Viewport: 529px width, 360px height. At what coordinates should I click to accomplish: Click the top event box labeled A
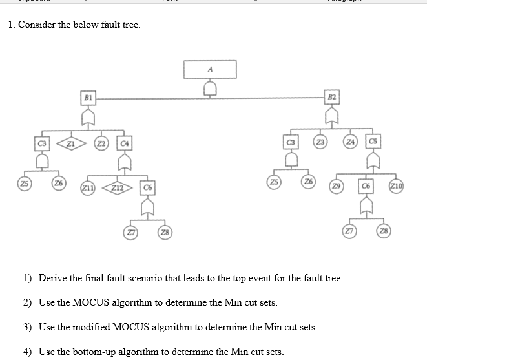[210, 69]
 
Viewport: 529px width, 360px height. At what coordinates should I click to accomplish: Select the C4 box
[125, 142]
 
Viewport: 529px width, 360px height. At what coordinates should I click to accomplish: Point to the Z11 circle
[86, 187]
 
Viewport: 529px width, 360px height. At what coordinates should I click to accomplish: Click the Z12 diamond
[117, 187]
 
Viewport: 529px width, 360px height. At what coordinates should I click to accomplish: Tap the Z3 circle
[319, 142]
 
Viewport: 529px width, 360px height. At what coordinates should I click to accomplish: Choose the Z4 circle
[350, 142]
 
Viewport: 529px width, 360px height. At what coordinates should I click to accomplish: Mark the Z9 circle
[336, 185]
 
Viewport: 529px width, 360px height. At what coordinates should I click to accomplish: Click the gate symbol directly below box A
[210, 87]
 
